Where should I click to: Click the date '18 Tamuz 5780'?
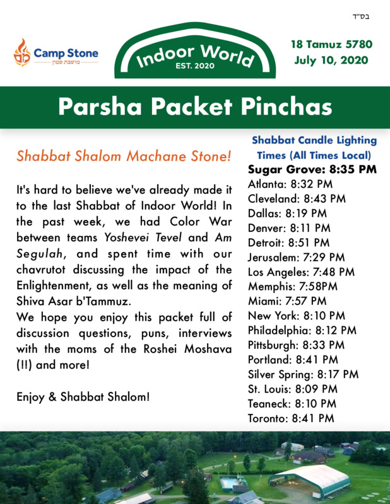tap(331, 45)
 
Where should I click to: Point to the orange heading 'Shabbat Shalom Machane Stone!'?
tap(124, 156)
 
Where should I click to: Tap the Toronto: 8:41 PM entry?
tap(291, 418)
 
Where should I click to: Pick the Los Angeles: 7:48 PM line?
tap(301, 272)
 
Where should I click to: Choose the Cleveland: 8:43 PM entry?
tap(297, 198)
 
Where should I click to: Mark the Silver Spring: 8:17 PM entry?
tap(303, 374)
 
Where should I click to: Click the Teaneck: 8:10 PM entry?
tap(292, 403)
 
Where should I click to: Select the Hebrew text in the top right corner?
tap(363, 15)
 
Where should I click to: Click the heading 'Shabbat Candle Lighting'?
tap(314, 140)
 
